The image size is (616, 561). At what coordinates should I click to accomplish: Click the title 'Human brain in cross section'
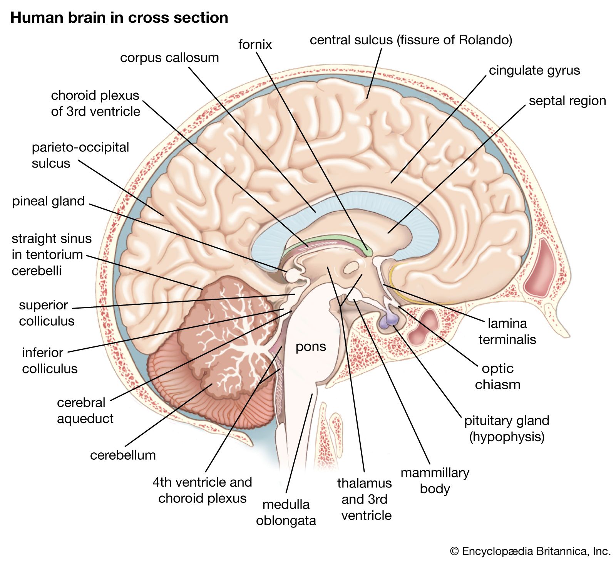[119, 18]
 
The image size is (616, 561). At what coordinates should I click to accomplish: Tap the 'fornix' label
[255, 44]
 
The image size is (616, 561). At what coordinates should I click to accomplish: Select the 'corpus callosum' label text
[169, 58]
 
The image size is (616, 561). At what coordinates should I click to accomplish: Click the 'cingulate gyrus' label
[534, 71]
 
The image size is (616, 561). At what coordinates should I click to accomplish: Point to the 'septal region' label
[567, 101]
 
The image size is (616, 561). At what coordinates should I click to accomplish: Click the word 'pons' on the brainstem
[311, 346]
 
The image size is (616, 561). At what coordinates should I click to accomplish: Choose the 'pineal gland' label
[49, 201]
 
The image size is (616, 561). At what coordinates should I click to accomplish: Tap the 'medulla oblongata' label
[286, 512]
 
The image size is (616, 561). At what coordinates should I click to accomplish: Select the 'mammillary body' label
[435, 480]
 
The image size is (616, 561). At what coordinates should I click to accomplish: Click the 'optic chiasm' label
[497, 376]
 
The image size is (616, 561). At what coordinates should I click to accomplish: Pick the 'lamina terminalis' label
[507, 331]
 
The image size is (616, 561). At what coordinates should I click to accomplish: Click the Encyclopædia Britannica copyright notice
[530, 551]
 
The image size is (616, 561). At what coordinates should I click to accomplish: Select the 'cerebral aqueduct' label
[85, 410]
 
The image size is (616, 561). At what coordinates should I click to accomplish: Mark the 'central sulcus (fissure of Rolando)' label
[411, 40]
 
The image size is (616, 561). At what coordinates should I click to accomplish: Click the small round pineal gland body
[291, 275]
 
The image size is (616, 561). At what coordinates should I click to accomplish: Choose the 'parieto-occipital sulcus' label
[80, 155]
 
